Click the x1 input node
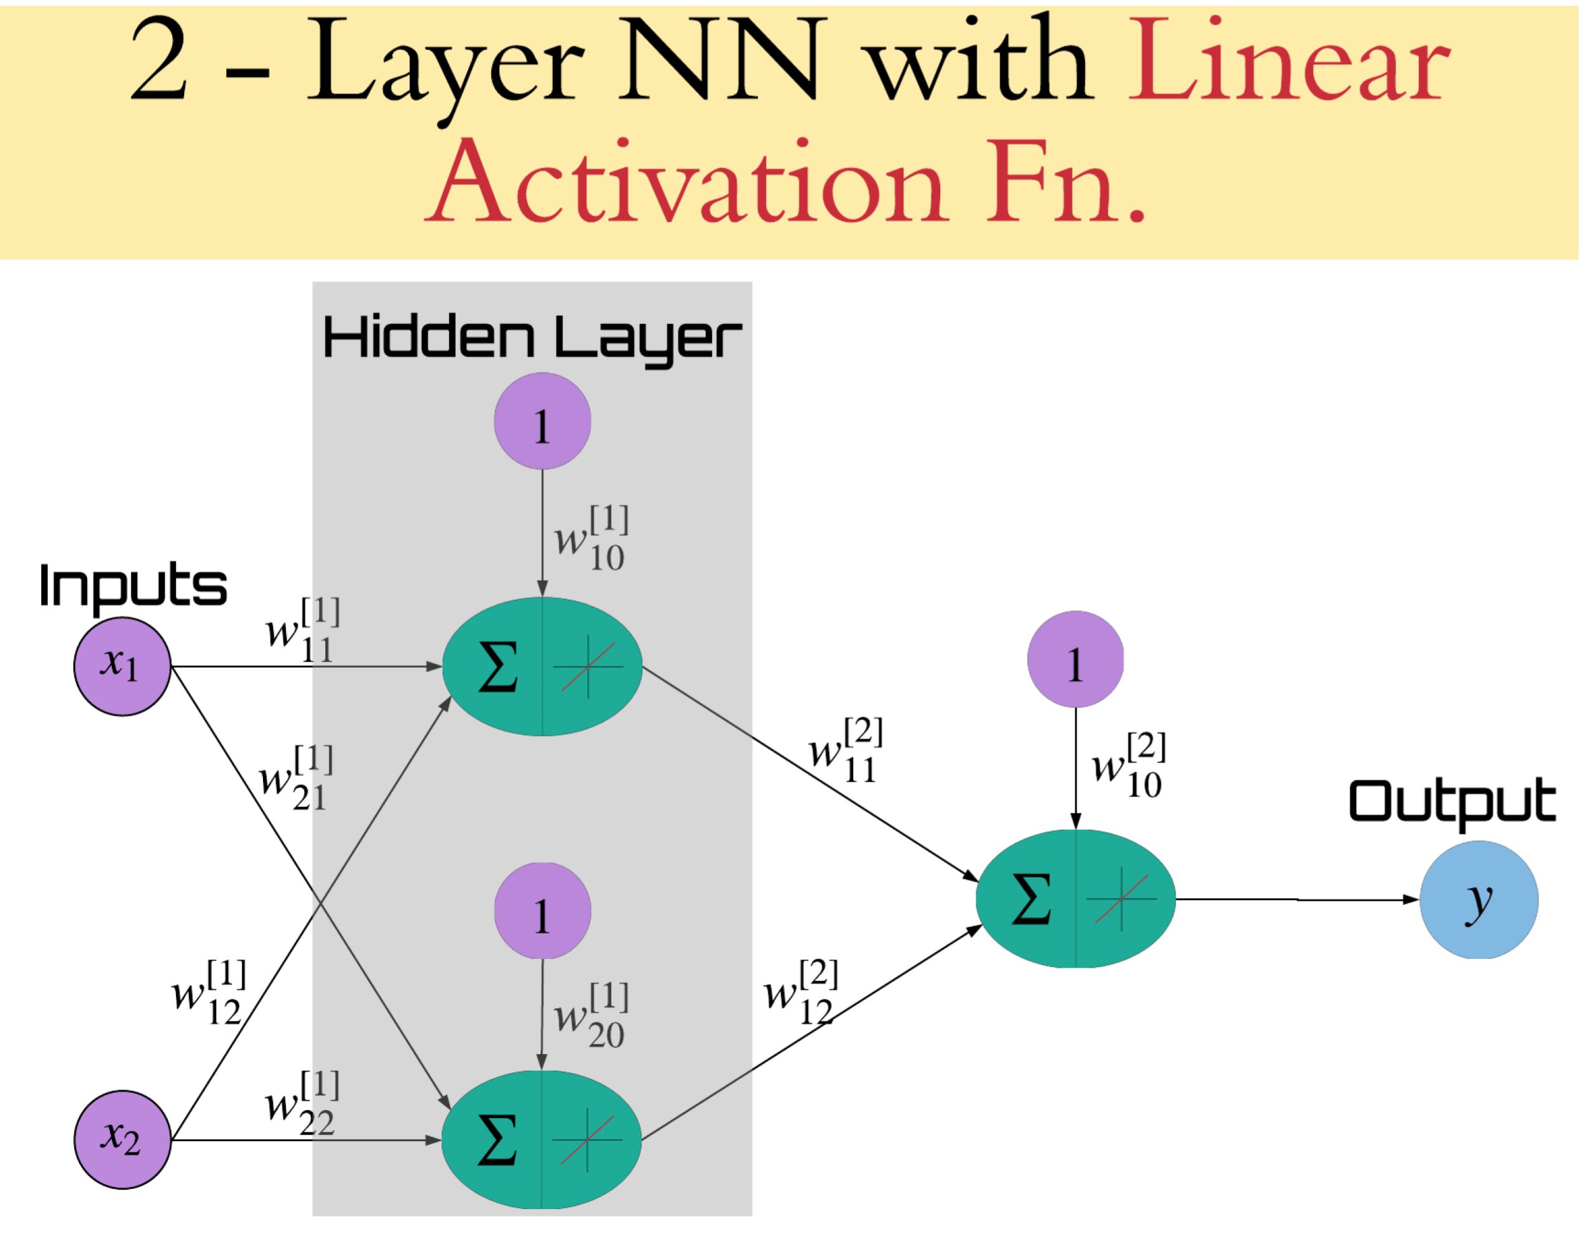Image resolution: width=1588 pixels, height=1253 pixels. point(123,665)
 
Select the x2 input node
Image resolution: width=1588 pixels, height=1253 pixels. point(123,1139)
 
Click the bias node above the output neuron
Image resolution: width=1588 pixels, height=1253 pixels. point(1075,659)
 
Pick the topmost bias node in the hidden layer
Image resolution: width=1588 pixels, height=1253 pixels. point(542,421)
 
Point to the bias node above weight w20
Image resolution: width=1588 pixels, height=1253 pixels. point(542,911)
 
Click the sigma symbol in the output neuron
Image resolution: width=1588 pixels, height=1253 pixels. point(1030,899)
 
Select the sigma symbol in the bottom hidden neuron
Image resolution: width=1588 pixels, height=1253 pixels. point(497,1140)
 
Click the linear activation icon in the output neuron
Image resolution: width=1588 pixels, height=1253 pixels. point(1122,899)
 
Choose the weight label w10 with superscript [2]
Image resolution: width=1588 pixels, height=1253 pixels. point(1128,765)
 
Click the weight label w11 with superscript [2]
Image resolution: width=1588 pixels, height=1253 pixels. point(845,750)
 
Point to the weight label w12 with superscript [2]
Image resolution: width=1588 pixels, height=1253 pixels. point(801,992)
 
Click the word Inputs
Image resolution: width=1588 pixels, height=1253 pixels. point(133,585)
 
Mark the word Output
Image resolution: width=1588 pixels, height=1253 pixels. point(1451,802)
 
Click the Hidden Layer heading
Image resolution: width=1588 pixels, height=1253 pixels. point(532,338)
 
